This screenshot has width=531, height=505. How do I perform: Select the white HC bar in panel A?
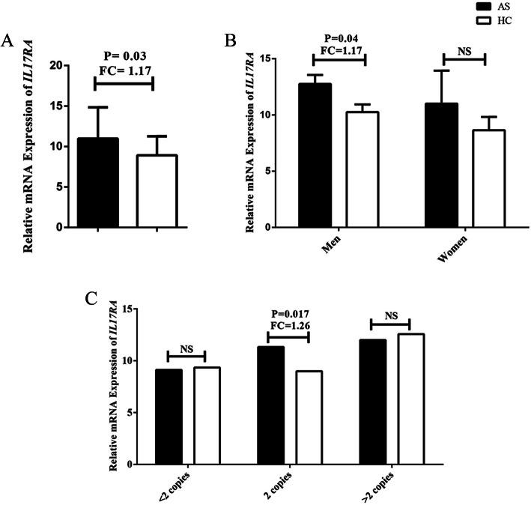pos(155,190)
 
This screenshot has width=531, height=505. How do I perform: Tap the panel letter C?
pos(91,297)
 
